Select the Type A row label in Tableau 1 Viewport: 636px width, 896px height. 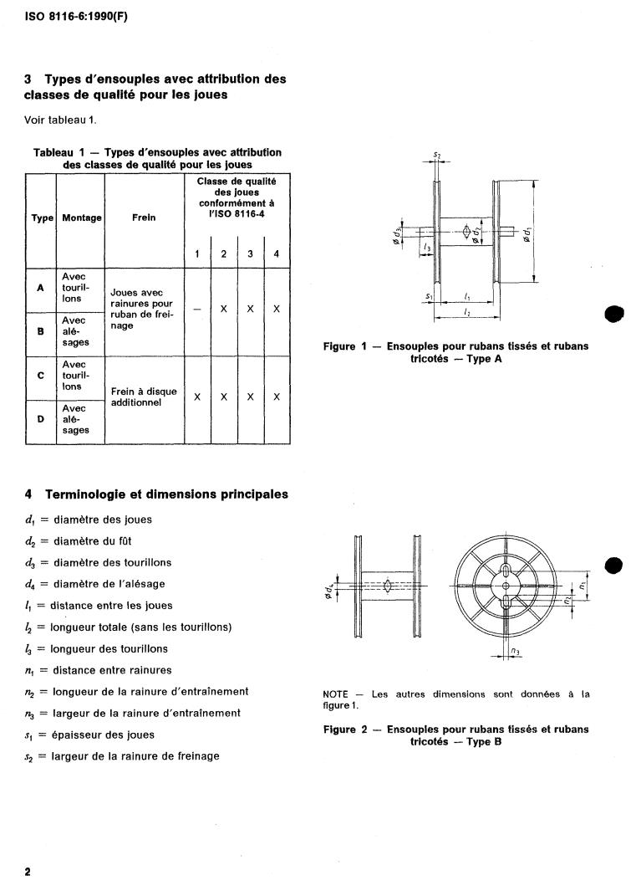coord(40,288)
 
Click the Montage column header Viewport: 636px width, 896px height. coord(81,218)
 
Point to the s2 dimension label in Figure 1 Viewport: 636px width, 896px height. coord(437,156)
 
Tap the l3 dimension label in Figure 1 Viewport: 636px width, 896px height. coord(427,249)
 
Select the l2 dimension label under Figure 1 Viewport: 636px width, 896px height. coord(466,311)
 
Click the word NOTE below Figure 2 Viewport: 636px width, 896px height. coord(338,694)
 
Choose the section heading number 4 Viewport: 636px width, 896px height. coord(29,494)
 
